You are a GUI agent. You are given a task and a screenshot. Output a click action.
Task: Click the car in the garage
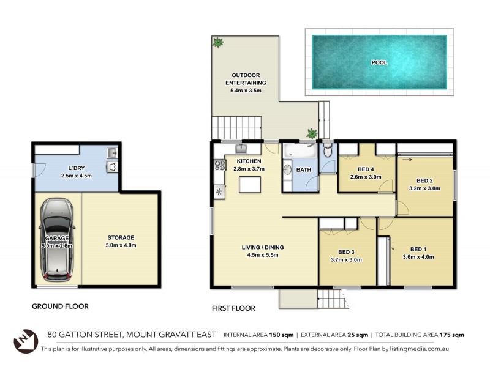click(56, 239)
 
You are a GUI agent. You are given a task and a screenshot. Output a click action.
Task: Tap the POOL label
click(379, 62)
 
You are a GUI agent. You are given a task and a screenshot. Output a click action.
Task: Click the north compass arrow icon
click(26, 339)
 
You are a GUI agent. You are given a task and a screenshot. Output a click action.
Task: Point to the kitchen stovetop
click(219, 165)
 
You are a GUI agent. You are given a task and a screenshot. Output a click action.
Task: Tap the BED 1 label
click(421, 249)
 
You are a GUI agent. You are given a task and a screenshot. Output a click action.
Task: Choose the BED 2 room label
click(425, 180)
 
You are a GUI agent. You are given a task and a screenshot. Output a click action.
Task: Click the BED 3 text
click(346, 251)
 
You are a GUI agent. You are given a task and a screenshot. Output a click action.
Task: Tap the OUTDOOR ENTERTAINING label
click(244, 78)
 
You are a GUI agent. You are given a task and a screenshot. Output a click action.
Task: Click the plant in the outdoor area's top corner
click(217, 42)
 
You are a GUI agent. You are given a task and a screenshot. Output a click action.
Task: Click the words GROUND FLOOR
click(61, 306)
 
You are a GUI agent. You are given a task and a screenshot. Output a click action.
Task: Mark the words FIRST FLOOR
click(233, 308)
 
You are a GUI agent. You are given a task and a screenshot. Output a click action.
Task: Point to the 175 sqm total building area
click(451, 335)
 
